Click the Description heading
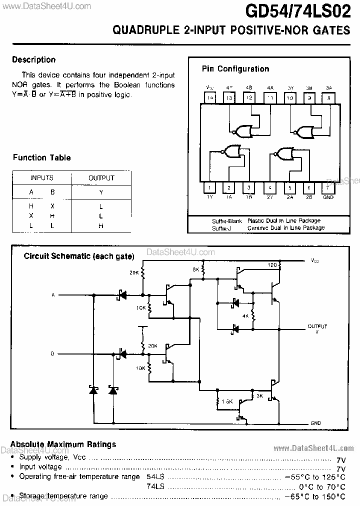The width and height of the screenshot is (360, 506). click(33, 59)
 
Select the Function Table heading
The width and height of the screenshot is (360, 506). click(41, 157)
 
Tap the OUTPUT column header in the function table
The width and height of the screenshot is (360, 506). click(101, 177)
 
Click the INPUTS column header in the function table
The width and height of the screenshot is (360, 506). click(42, 177)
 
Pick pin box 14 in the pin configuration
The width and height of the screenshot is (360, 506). click(210, 98)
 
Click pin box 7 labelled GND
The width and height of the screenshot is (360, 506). click(328, 188)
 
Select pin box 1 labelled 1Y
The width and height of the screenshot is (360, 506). click(210, 188)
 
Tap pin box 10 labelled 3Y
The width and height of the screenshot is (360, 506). click(289, 98)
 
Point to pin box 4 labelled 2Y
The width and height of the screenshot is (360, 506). click(269, 188)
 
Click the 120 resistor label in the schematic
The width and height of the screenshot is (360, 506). click(272, 264)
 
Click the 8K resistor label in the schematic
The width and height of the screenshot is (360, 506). click(196, 269)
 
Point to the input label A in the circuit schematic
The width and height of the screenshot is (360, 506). click(53, 295)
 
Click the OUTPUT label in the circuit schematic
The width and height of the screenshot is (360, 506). click(317, 326)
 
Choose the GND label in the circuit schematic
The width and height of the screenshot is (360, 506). click(315, 423)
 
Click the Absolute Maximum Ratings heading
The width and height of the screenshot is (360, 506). click(63, 444)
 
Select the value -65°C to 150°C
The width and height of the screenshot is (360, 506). click(315, 496)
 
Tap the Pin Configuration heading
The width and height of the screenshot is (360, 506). click(235, 69)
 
